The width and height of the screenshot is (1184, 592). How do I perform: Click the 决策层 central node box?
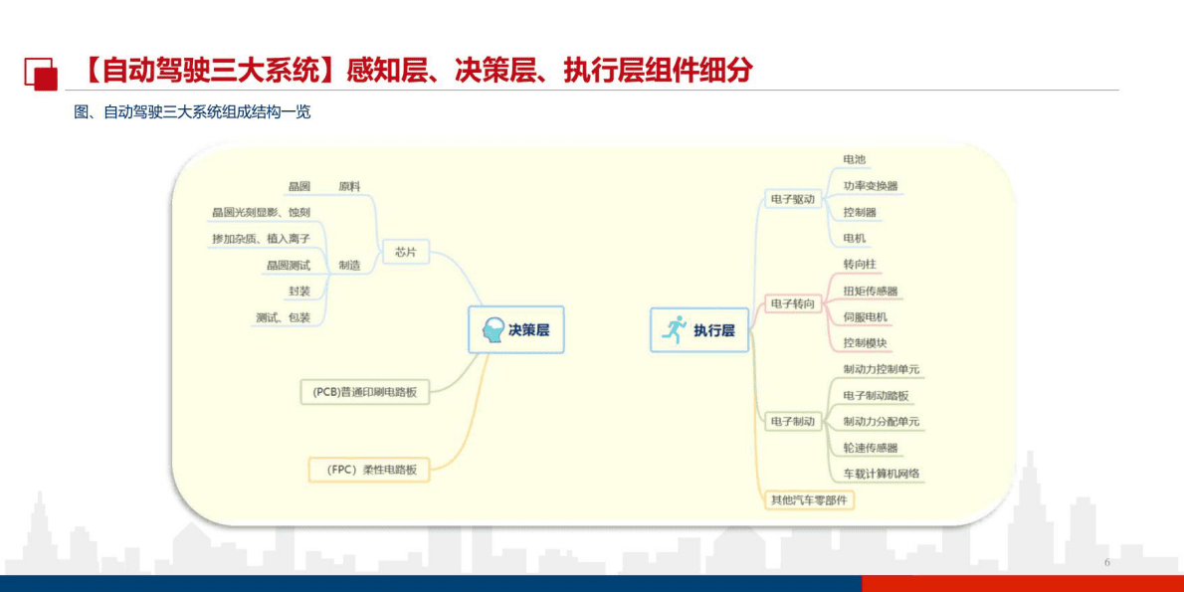515,330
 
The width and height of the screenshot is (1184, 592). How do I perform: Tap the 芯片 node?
405,253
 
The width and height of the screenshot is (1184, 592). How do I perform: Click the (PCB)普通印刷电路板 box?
365,392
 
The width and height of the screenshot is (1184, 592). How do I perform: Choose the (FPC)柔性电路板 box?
369,469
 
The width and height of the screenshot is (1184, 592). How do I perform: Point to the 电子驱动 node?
792,199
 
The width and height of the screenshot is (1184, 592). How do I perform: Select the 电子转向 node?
792,303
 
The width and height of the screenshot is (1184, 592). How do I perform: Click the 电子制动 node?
792,422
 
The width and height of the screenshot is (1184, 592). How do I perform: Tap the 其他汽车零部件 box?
808,499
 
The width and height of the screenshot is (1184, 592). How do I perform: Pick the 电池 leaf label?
855,159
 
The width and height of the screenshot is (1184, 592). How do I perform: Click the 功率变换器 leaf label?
871,186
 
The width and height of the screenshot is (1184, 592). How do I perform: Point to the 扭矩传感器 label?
871,291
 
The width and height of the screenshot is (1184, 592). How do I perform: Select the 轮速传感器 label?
871,448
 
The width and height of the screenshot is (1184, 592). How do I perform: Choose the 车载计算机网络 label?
882,474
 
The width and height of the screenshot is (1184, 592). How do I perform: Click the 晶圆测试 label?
289,265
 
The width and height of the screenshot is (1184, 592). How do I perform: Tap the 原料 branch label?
349,186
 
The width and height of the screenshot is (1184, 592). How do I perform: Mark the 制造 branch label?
349,265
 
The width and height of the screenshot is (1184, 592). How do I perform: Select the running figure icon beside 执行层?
675,330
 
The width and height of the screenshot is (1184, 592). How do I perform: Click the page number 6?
1106,563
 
